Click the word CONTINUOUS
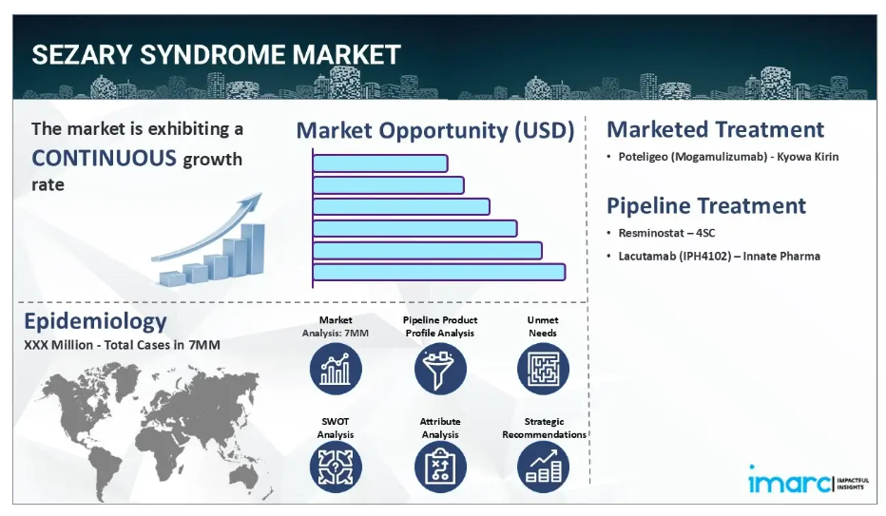point(104,158)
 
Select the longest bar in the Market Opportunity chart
point(439,272)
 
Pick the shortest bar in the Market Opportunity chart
point(380,163)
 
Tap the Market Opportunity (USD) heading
point(435,130)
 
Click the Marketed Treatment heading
point(715,130)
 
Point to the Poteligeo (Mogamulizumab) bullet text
point(728,157)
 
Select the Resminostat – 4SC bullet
point(666,233)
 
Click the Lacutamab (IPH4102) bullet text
point(720,256)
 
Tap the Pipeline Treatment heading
point(706,206)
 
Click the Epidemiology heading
point(95,321)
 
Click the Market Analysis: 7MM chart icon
point(336,370)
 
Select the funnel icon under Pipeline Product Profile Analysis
point(440,370)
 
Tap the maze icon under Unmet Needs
point(543,370)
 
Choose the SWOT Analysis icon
point(336,467)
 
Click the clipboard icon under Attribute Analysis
point(440,467)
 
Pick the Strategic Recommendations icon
point(543,467)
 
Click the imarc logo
point(809,481)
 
